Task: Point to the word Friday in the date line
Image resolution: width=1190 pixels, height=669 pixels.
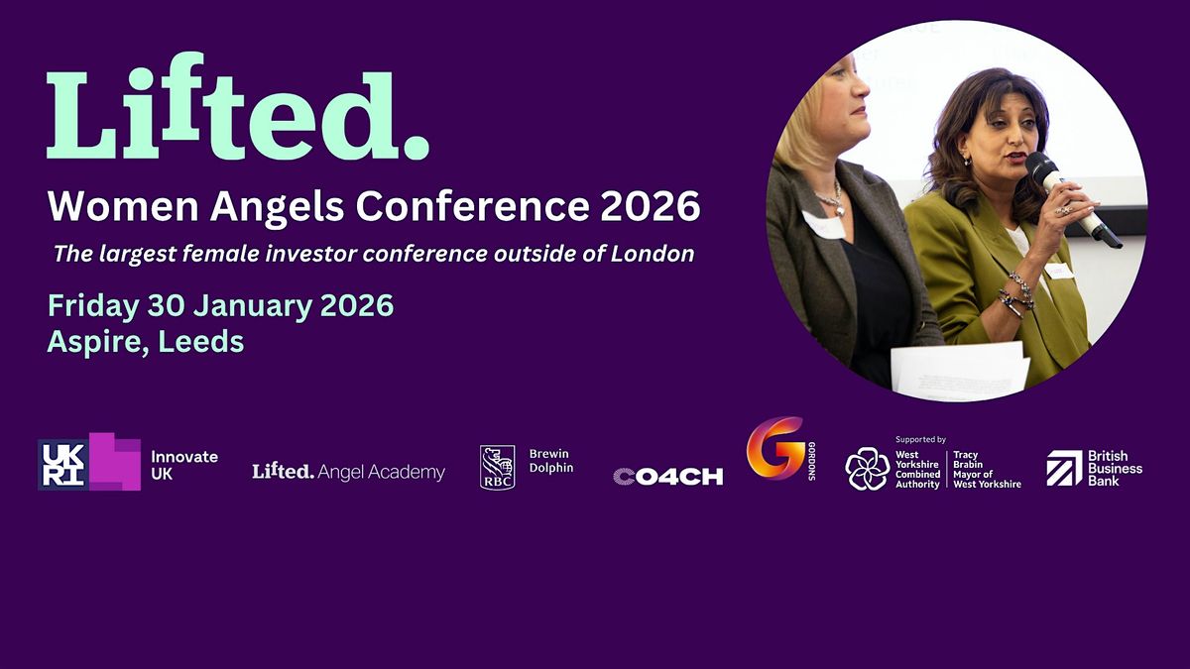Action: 94,305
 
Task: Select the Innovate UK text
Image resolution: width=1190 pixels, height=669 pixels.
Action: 183,465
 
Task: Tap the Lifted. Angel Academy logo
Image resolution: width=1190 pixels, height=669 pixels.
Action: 348,472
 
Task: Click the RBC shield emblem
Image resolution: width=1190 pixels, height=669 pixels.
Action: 498,467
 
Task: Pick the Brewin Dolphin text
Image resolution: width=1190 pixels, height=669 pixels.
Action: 551,461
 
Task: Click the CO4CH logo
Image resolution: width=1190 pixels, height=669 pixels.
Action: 667,477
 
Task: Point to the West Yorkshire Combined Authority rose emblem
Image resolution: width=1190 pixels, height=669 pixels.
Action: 867,469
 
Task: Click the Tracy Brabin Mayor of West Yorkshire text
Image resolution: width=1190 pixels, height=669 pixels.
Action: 987,469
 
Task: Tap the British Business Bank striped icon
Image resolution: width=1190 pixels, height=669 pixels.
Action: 1065,468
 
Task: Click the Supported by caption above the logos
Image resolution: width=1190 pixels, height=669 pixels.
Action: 920,439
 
